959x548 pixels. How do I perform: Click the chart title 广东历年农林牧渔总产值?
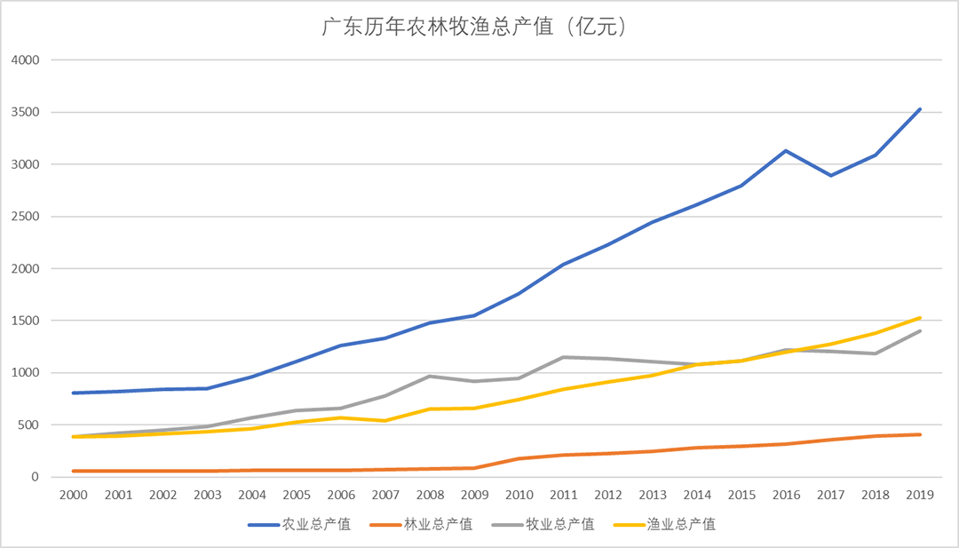pos(479,28)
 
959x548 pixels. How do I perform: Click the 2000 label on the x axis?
pos(73,494)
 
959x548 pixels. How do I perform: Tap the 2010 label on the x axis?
pos(519,494)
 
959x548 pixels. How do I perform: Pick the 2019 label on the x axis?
pos(920,494)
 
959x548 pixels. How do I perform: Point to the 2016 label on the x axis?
pos(786,494)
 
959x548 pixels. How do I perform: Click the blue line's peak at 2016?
pos(786,151)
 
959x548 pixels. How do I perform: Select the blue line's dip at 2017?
pos(830,175)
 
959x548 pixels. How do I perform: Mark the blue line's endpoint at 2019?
pos(920,109)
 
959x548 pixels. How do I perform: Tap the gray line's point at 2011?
pos(563,357)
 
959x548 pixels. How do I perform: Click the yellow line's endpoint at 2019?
pos(920,318)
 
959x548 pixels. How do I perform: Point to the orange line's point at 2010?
pos(519,458)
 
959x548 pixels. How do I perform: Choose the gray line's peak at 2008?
pos(429,377)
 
